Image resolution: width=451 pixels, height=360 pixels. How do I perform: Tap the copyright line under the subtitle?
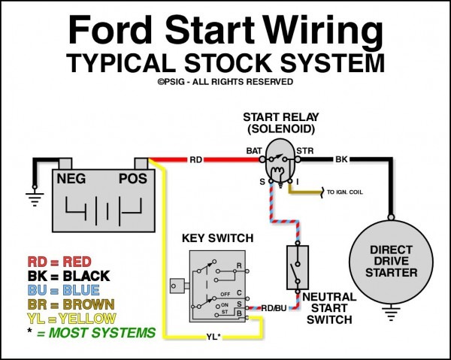click(x=225, y=81)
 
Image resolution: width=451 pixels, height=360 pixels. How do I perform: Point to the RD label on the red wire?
click(x=195, y=159)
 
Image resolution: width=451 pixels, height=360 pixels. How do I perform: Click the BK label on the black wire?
click(x=341, y=159)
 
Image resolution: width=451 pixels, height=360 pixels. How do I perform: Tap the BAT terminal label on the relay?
click(x=253, y=151)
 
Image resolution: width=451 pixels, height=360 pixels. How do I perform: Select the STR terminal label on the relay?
click(x=304, y=151)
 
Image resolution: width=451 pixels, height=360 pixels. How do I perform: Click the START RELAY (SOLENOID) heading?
click(x=280, y=124)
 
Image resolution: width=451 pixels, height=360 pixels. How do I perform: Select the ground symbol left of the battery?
click(x=33, y=197)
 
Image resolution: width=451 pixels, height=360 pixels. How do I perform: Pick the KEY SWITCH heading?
click(x=218, y=238)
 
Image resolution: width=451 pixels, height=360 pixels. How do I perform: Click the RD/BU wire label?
click(x=274, y=308)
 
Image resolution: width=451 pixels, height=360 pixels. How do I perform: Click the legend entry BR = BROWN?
click(x=71, y=304)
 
